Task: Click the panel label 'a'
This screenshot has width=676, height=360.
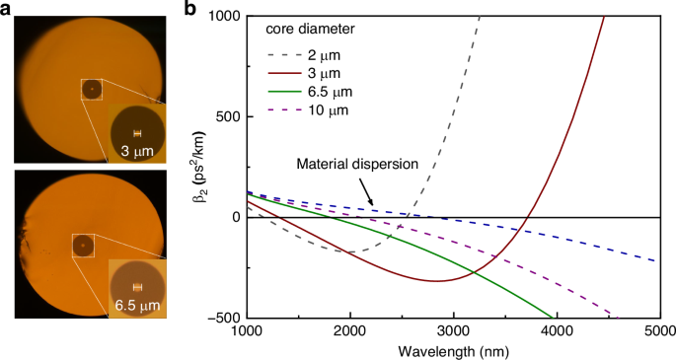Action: pos(8,10)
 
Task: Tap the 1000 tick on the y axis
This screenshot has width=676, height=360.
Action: pos(222,17)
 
